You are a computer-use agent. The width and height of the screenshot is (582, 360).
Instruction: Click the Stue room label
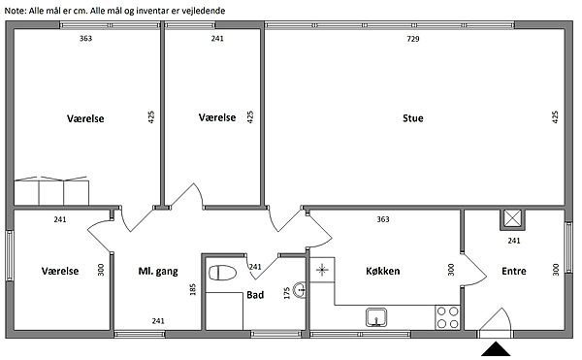(413, 118)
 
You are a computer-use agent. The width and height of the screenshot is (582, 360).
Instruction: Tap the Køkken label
(383, 271)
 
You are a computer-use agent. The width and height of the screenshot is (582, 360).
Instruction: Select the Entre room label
(514, 272)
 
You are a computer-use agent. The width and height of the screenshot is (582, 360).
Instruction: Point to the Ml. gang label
(158, 272)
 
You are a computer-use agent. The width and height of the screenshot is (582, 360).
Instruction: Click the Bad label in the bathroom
(255, 295)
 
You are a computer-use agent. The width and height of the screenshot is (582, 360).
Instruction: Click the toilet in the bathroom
(223, 274)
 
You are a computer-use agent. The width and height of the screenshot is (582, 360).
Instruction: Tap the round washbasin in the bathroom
(300, 290)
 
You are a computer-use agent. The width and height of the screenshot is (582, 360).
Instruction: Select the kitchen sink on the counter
(376, 317)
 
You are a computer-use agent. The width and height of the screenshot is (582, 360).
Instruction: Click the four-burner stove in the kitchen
(447, 317)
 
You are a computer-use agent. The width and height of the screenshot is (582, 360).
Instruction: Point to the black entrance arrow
(496, 349)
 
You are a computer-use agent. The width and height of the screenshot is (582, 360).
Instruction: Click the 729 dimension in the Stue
(413, 39)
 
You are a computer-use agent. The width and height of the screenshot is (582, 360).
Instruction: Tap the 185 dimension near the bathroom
(193, 289)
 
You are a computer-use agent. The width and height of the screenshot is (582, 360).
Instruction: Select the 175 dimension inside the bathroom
(286, 293)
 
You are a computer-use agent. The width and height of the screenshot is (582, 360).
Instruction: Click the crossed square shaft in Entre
(512, 219)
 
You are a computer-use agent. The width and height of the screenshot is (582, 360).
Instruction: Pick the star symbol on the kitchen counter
(322, 270)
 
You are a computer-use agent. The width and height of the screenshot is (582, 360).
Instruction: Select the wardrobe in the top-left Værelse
(51, 191)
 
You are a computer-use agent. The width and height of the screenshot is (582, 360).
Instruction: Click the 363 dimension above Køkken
(383, 219)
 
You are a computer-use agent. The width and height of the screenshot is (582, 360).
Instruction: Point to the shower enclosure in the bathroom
(224, 311)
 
